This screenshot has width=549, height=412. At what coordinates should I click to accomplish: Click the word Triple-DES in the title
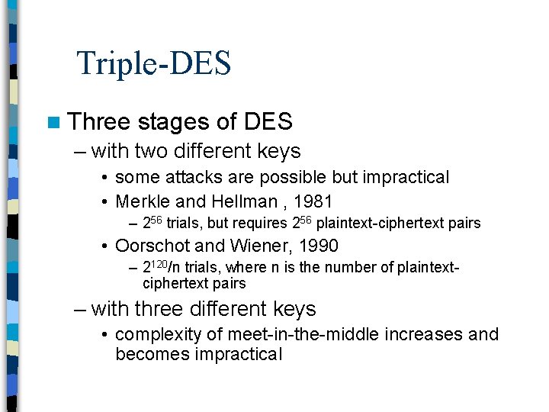click(x=153, y=63)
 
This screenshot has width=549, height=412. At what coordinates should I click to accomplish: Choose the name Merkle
click(x=140, y=201)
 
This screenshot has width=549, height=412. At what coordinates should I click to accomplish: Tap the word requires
click(x=260, y=224)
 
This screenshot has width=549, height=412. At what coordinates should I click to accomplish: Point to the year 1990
click(x=316, y=246)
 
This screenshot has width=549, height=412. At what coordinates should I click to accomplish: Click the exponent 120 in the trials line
click(x=157, y=264)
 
